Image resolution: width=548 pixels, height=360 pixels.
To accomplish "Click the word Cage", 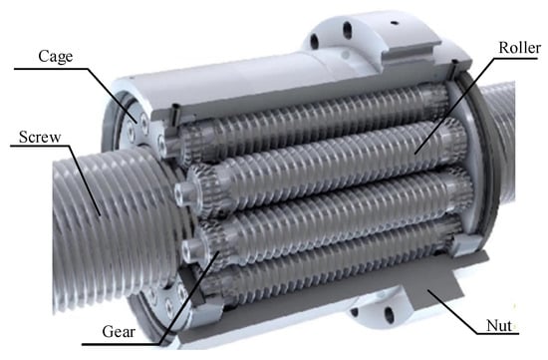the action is pos(56,56).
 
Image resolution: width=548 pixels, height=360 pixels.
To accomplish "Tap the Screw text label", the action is pos(40,137).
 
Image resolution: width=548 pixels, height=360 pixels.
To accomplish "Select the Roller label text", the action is pos(520,48).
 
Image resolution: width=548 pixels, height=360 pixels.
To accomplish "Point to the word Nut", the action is pos(499,326).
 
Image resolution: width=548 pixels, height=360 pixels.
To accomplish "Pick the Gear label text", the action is pos(119,332).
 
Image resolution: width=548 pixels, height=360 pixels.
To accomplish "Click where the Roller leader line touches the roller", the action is pos(415,154).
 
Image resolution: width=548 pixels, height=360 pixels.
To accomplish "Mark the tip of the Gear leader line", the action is pos(219,251).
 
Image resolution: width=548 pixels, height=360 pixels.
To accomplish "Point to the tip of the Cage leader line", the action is pos(137,122).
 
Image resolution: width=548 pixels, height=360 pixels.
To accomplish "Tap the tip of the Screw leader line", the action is pos(101,215).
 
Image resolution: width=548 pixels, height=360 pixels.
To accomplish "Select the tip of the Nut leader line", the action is pos(427,290).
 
